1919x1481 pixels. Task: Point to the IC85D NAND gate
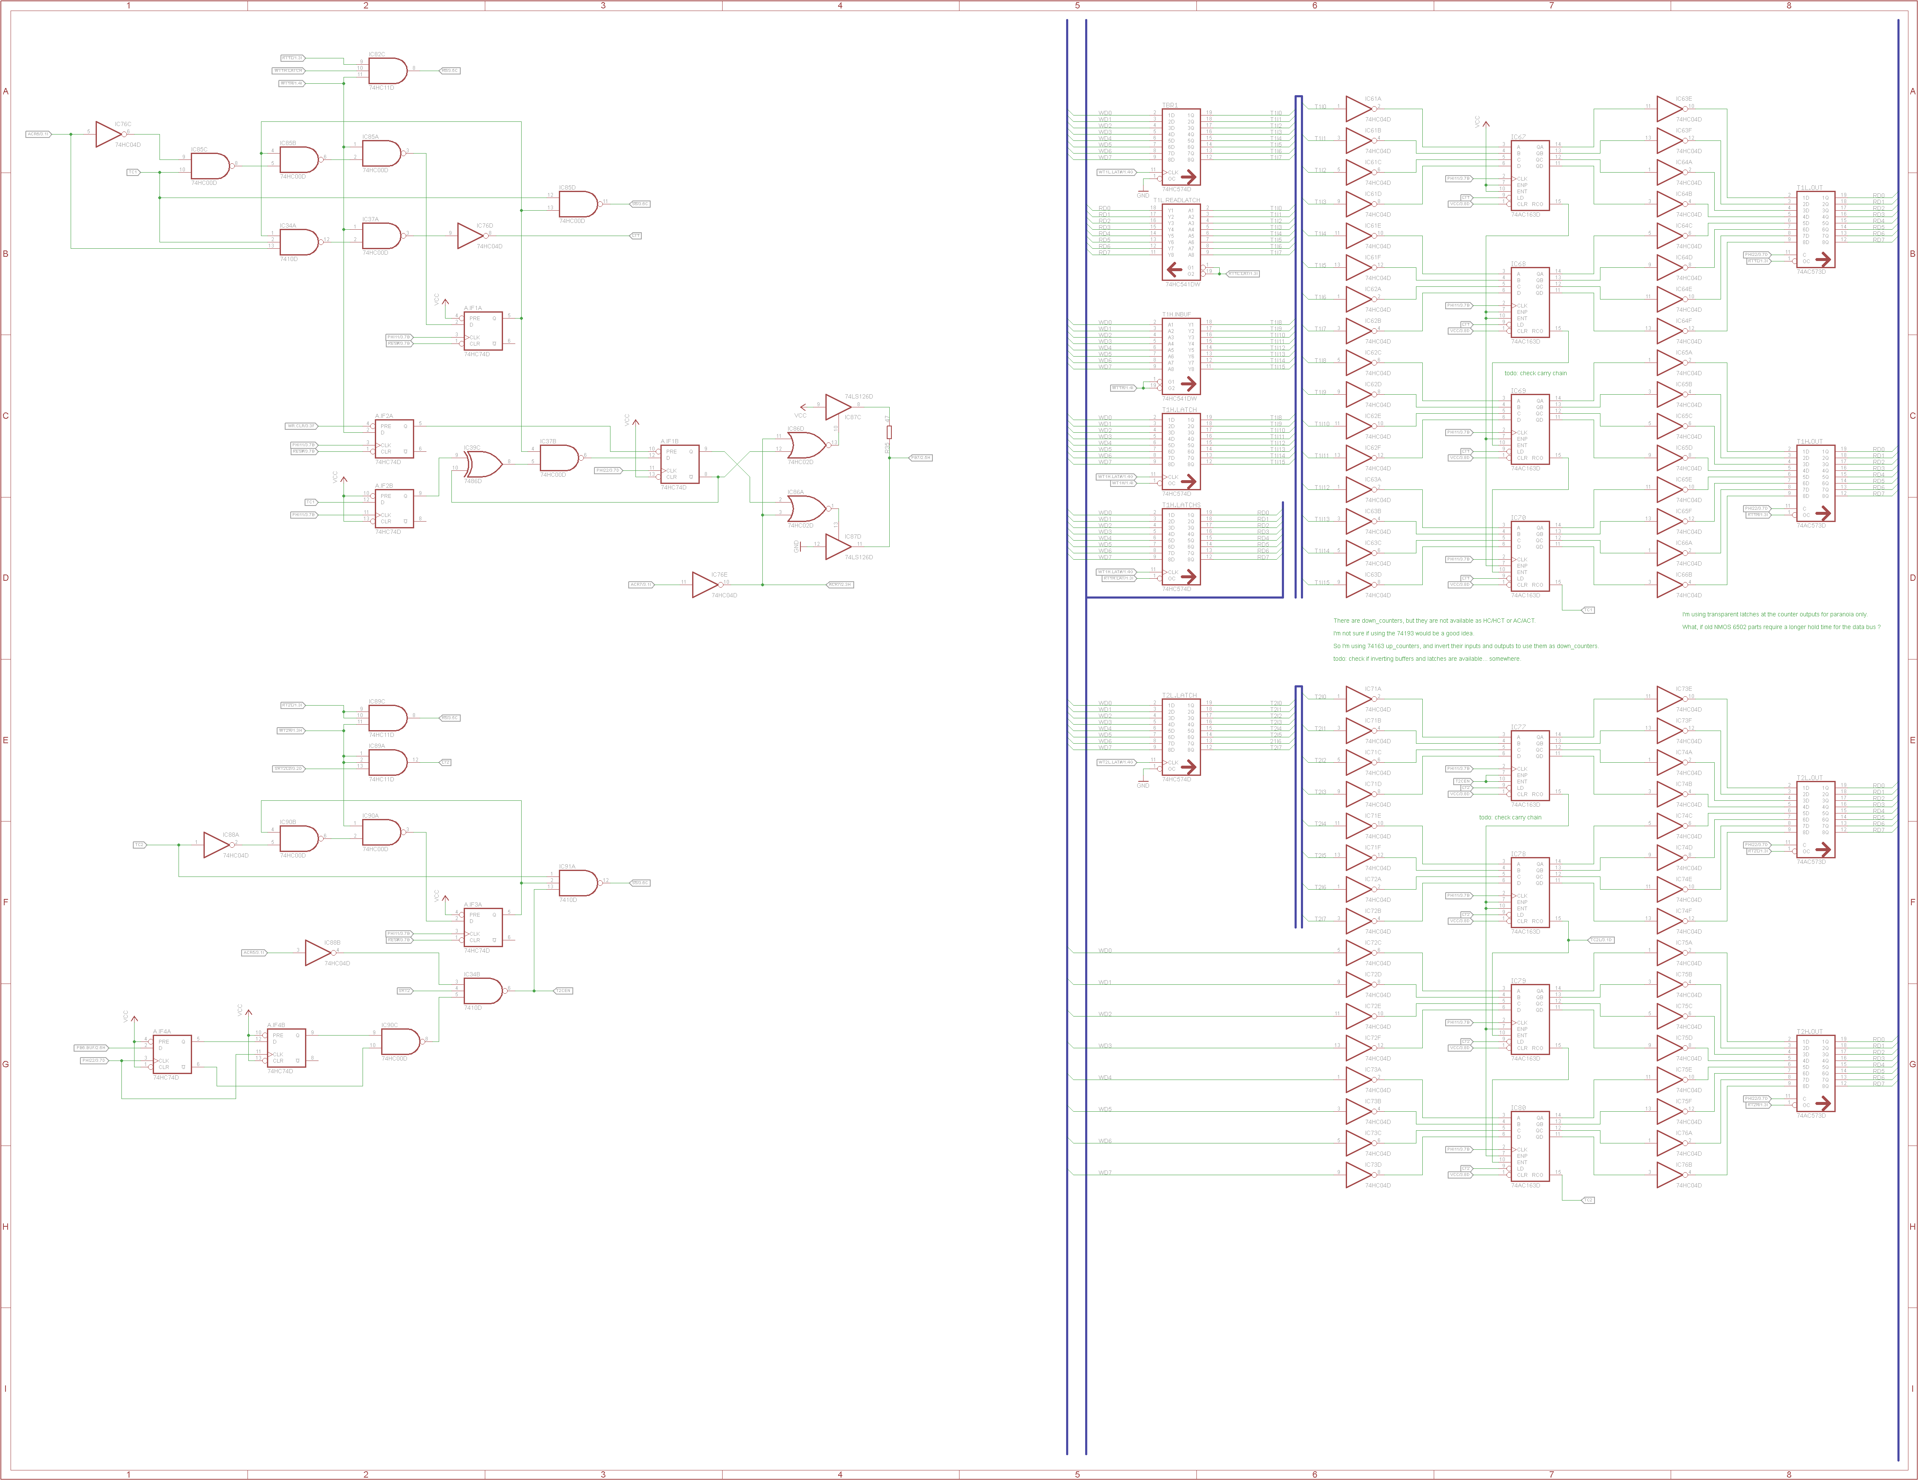577,205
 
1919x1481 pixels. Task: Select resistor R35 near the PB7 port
889,432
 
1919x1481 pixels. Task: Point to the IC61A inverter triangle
1358,109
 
